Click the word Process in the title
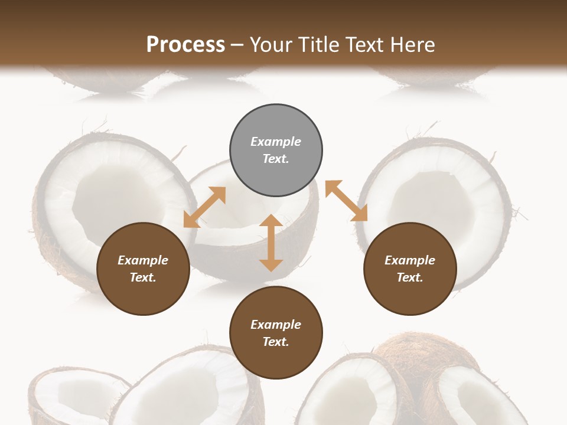point(185,45)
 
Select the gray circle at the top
point(276,151)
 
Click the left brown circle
point(143,269)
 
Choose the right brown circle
point(410,269)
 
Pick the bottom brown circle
point(276,333)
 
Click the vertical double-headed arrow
point(271,243)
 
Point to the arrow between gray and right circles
point(347,201)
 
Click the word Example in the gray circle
point(276,142)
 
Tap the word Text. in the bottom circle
point(276,342)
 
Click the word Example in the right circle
point(410,260)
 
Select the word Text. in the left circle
point(143,277)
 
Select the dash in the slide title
point(237,45)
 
